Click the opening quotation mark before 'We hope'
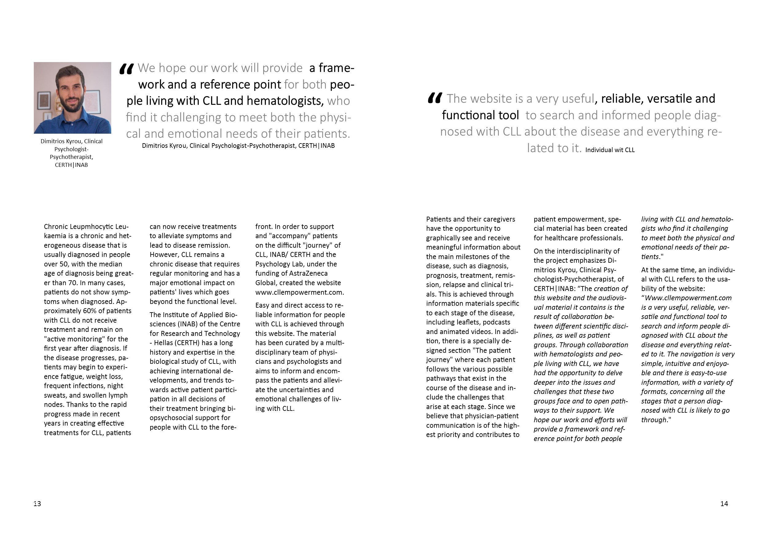pos(127,69)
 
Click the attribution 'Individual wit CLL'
pos(610,150)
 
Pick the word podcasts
pos(496,322)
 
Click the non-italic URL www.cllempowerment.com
pos(299,293)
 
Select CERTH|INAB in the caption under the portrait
pos(71,165)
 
